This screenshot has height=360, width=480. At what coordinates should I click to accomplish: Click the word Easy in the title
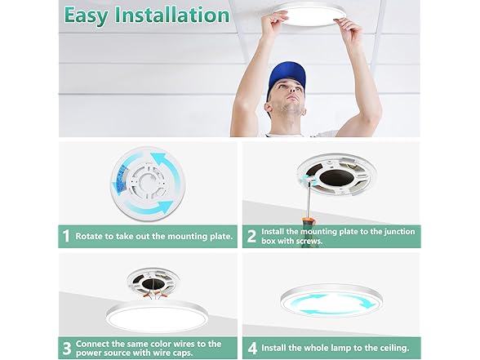[x=86, y=15]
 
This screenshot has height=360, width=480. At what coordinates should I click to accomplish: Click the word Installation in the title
[x=172, y=15]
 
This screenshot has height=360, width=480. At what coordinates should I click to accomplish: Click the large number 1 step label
[x=66, y=237]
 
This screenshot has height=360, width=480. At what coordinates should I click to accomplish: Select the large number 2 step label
[x=251, y=237]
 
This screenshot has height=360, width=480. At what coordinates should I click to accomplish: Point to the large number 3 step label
[x=67, y=348]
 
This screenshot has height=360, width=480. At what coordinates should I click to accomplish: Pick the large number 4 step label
[x=252, y=349]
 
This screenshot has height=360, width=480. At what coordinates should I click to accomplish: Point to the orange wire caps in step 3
[x=158, y=296]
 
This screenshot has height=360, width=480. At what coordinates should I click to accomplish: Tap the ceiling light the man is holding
[x=309, y=16]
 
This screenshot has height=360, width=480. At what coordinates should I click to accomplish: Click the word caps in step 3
[x=181, y=353]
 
